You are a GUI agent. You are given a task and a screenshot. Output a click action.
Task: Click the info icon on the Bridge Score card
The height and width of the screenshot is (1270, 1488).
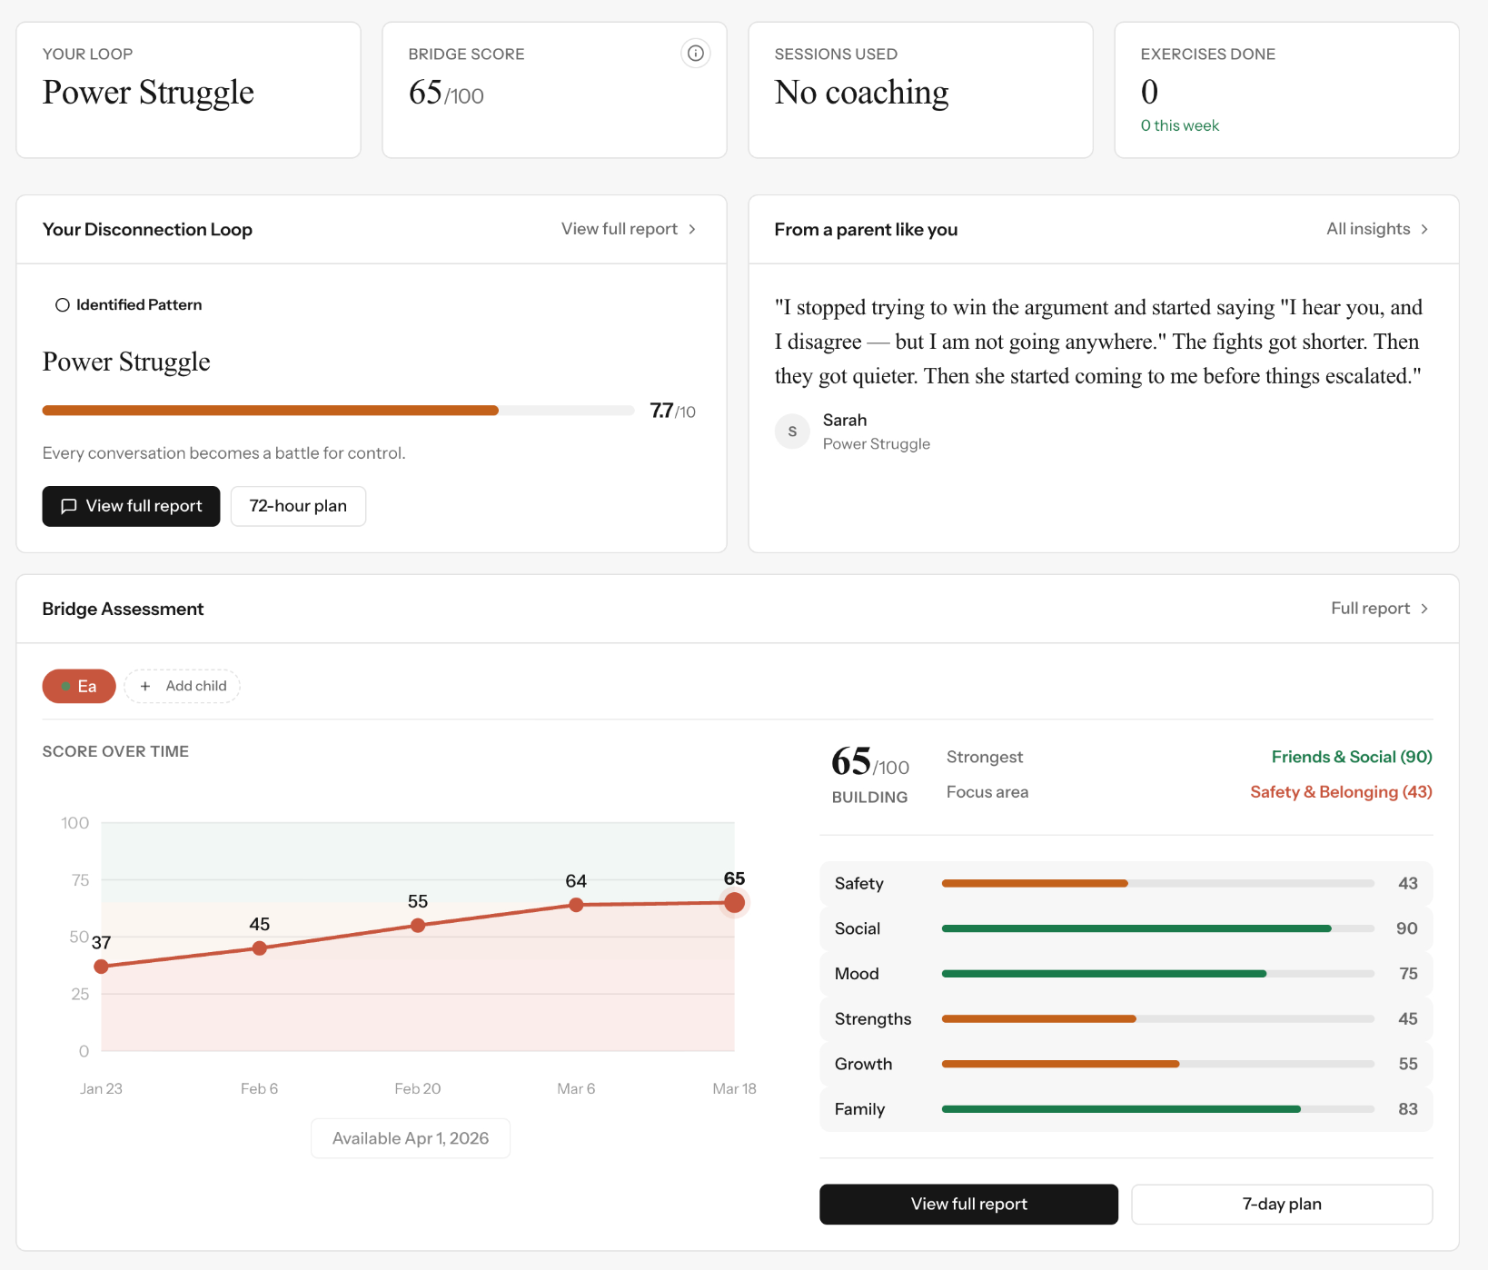click(x=695, y=54)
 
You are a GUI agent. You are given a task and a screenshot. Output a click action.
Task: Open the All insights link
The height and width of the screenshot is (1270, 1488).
click(x=1376, y=229)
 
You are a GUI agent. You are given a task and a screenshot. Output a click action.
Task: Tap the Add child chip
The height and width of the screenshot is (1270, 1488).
click(x=183, y=686)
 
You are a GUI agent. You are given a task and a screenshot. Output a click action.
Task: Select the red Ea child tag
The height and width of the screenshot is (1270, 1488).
click(x=79, y=686)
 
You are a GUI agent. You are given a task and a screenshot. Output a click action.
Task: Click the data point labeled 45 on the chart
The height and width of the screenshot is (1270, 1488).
click(x=260, y=948)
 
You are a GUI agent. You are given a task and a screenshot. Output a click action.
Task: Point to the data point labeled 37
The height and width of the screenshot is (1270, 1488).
click(x=102, y=966)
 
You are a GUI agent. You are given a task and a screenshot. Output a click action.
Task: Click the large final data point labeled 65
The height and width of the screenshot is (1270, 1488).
click(x=734, y=902)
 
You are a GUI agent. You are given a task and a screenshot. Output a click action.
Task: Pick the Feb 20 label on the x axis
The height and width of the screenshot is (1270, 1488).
click(x=417, y=1088)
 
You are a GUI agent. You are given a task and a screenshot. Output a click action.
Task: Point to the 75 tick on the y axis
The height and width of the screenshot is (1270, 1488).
click(x=80, y=879)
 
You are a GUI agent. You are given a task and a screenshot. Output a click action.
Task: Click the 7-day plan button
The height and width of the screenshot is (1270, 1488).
click(x=1281, y=1204)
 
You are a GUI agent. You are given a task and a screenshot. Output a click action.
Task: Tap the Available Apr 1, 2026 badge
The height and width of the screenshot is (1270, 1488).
click(x=411, y=1138)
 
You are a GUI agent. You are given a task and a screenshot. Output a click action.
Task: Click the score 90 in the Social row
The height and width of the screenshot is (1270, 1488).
click(x=1406, y=928)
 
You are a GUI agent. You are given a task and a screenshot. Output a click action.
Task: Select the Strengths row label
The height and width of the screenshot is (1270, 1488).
click(x=872, y=1018)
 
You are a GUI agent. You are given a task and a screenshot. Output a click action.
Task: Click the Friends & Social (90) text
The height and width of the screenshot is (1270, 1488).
click(x=1351, y=757)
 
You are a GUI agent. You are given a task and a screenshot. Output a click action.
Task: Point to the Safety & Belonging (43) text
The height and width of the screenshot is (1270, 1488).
click(x=1340, y=792)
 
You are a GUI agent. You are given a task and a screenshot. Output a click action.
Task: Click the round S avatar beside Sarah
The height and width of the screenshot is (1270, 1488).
click(x=792, y=432)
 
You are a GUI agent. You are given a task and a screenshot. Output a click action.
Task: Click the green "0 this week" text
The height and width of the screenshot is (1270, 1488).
click(x=1179, y=125)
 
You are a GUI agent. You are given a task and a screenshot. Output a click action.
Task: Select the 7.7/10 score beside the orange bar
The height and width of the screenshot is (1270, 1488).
click(x=672, y=412)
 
